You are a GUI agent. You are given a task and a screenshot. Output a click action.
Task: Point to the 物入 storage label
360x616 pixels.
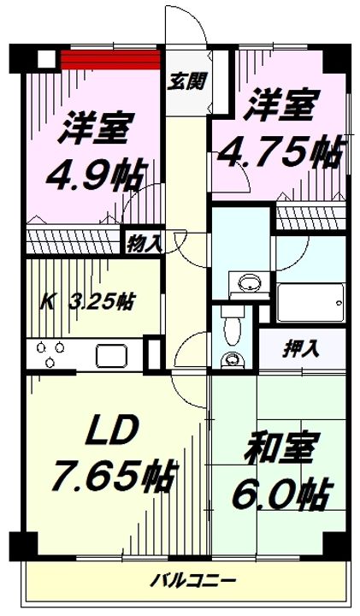144,242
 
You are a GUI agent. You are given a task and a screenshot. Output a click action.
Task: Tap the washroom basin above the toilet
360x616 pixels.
249,283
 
